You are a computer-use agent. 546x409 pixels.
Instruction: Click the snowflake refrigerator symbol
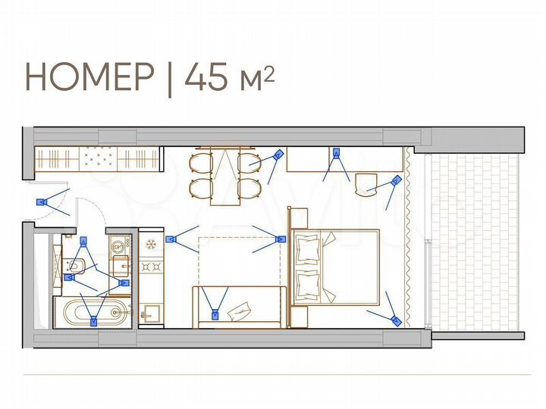pos(150,244)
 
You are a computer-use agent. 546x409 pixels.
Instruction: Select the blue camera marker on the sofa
pos(216,314)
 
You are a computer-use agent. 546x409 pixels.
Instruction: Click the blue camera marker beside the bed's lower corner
pos(395,320)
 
